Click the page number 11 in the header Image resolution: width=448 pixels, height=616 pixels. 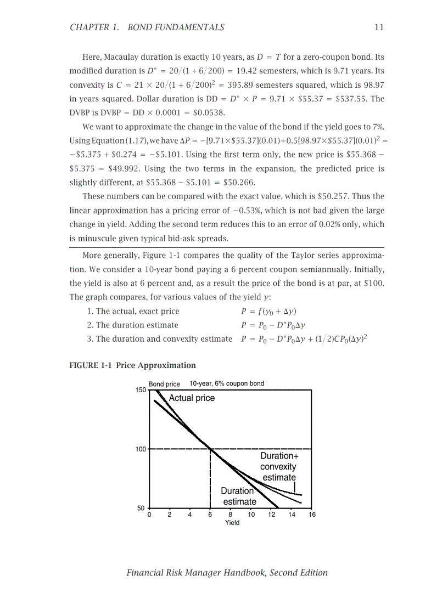pos(379,27)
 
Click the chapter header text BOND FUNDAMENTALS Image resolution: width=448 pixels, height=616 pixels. pos(176,27)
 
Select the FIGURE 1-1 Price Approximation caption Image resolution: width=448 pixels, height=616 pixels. pos(132,365)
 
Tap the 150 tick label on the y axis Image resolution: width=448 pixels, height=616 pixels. pos(141,390)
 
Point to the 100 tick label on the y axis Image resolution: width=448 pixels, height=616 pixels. pos(141,449)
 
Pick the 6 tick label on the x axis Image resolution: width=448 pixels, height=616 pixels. pos(210,515)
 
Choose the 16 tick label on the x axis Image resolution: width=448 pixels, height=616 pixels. pos(312,515)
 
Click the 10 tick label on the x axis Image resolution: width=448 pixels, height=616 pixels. pos(251,515)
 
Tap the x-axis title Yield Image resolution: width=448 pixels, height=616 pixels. pos(232,523)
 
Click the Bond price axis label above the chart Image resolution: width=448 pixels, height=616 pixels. pos(164,384)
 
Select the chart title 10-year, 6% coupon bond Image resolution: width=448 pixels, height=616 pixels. pos(227,383)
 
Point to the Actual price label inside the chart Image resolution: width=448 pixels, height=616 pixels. pos(192,398)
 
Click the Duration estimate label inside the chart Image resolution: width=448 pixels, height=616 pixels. pos(239,496)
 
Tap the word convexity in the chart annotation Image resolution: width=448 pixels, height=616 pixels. pos(278,467)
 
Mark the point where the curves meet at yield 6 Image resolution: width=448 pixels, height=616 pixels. pos(211,449)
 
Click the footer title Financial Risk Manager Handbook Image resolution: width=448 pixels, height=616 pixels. pos(227,573)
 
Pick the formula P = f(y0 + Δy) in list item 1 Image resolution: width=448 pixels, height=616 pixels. pos(269,312)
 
